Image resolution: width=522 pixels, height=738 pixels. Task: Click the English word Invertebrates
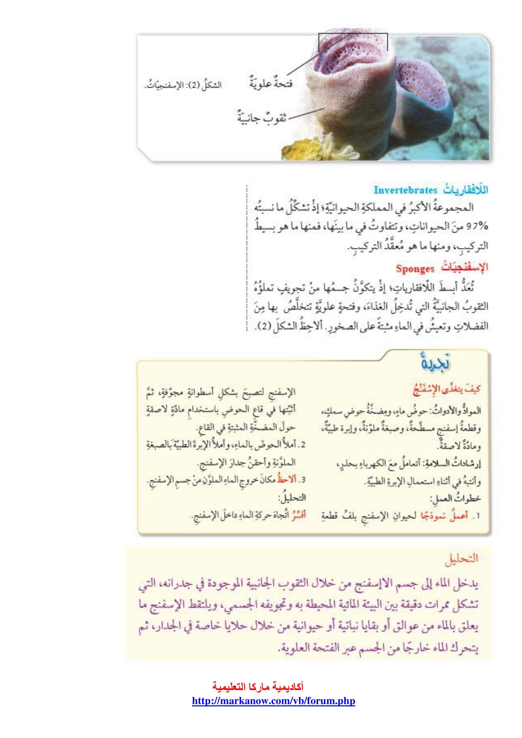tap(405, 190)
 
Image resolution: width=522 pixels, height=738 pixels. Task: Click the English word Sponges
tap(415, 269)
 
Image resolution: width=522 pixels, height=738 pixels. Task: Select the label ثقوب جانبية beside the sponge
tap(262, 118)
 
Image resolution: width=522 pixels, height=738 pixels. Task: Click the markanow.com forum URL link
tap(273, 701)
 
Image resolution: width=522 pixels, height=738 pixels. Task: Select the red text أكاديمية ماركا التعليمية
tap(258, 687)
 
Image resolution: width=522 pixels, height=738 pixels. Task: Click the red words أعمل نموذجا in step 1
tap(444, 516)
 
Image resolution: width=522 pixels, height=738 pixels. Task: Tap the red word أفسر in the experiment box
tap(299, 515)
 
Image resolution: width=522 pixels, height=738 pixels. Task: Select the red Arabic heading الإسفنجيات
tap(464, 268)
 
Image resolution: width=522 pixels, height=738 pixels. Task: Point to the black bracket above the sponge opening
tap(353, 34)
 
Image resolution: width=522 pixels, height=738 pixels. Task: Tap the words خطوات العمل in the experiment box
tap(455, 498)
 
